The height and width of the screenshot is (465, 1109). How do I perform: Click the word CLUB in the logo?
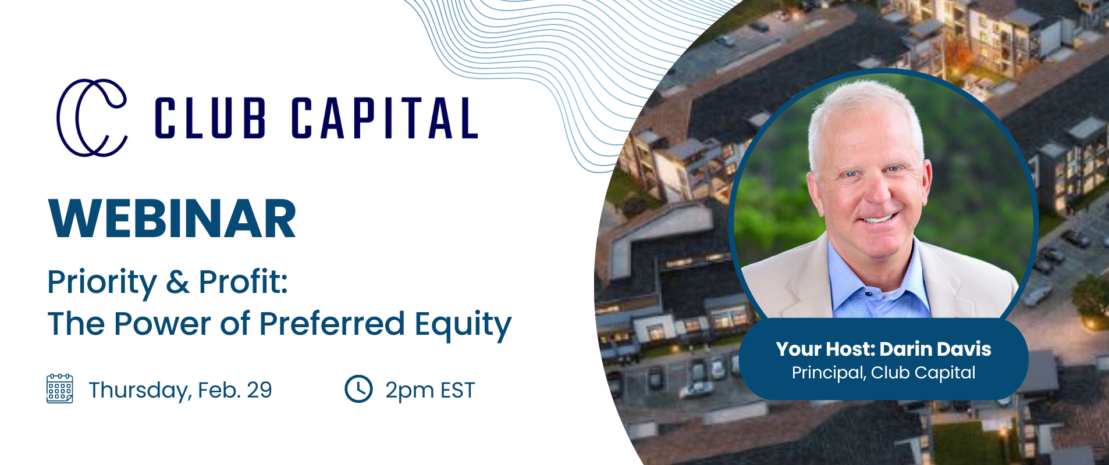(x=210, y=118)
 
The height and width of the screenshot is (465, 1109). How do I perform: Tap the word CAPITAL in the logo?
(x=385, y=118)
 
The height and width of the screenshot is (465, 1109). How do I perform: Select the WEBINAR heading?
(x=173, y=219)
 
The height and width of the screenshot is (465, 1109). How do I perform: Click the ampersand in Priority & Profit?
(x=177, y=282)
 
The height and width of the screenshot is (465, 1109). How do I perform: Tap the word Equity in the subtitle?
(x=463, y=325)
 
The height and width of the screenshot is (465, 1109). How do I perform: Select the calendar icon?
(x=60, y=389)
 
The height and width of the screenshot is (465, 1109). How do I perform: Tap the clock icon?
(x=358, y=389)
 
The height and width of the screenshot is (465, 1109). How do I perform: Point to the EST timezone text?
(x=458, y=390)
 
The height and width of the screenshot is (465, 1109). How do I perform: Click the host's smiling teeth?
(x=877, y=219)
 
